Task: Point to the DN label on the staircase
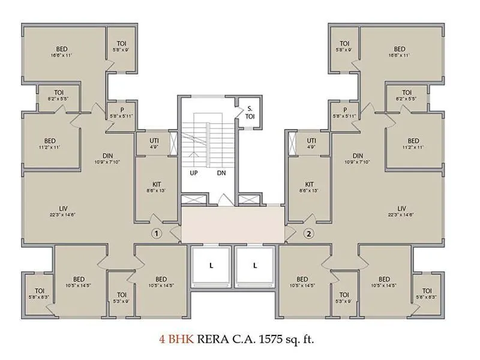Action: (221, 173)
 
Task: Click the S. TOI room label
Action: (249, 113)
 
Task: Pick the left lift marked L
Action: (211, 265)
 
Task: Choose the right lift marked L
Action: (255, 265)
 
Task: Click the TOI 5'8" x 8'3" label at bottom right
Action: (427, 294)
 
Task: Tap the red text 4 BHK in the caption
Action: (174, 339)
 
